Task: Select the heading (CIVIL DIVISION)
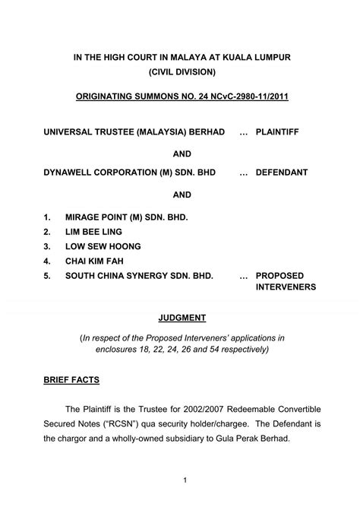coord(179,72)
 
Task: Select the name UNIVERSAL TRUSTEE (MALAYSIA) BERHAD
coord(134,132)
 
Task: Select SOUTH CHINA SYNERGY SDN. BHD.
coord(139,276)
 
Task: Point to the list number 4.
coord(47,261)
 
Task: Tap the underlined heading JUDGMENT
coord(180,318)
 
